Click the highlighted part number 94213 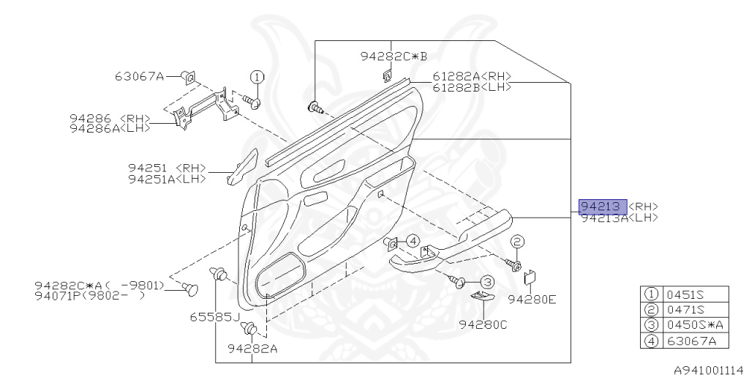point(603,207)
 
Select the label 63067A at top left point(139,75)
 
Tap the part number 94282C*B point(393,56)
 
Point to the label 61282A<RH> point(471,76)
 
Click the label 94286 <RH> point(110,117)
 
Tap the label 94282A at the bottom point(252,349)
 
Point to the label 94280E point(532,300)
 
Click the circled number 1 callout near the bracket point(257,77)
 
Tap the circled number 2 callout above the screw point(516,242)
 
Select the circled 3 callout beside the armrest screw point(487,282)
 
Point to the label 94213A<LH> point(619,218)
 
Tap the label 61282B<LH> point(471,86)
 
